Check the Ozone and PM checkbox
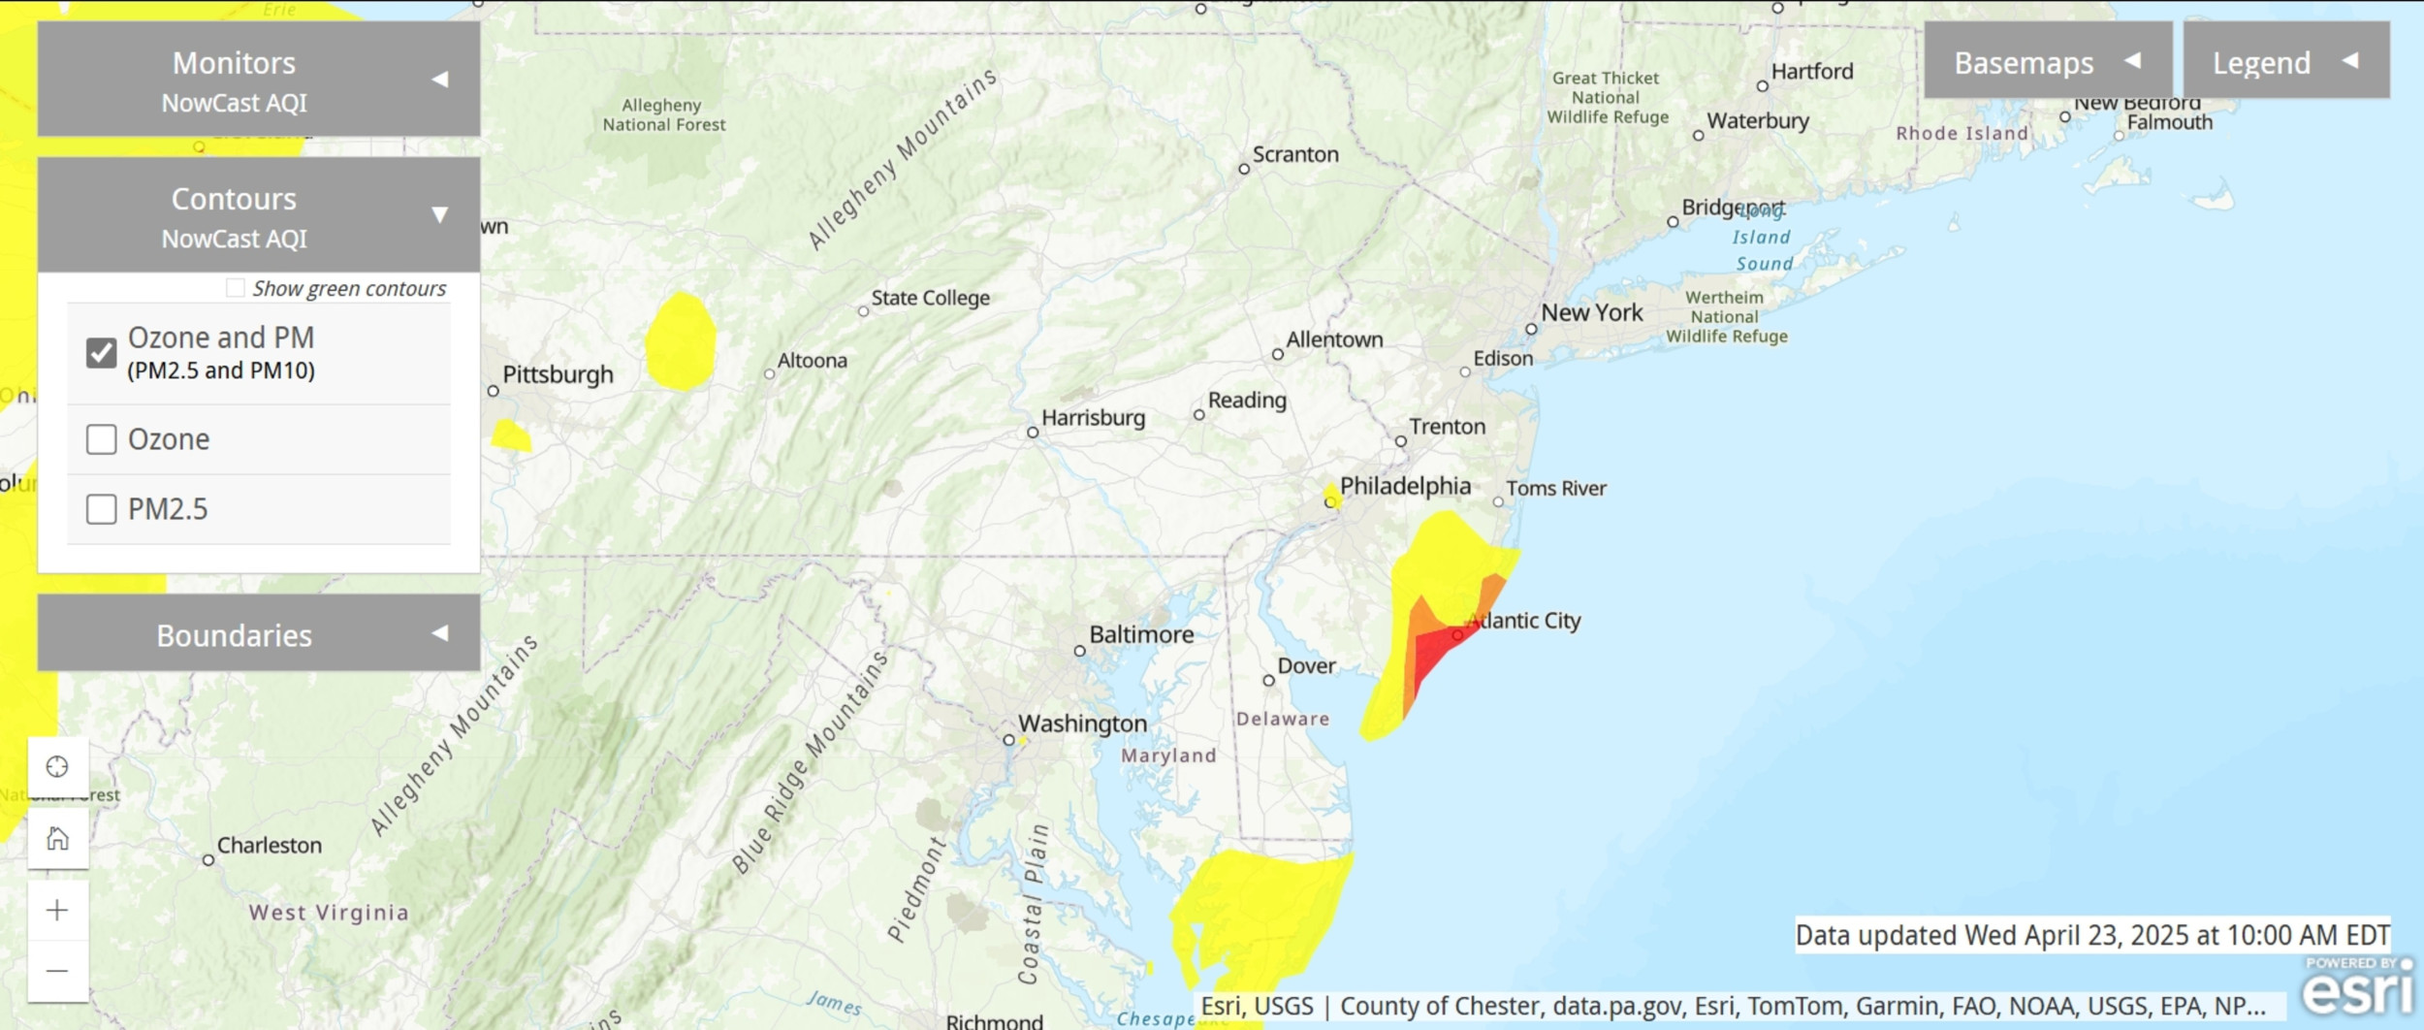point(102,353)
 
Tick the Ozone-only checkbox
point(102,439)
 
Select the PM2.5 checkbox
point(102,509)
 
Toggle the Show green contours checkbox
point(236,288)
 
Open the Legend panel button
point(2285,62)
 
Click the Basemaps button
point(2047,62)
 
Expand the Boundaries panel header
point(258,634)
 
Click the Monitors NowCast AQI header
point(258,80)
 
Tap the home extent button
point(58,838)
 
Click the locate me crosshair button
point(58,767)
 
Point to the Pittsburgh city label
point(558,374)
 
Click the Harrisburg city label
point(1093,418)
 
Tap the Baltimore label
point(1141,634)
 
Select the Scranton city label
point(1294,154)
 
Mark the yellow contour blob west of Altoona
point(681,342)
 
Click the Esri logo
point(2358,988)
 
